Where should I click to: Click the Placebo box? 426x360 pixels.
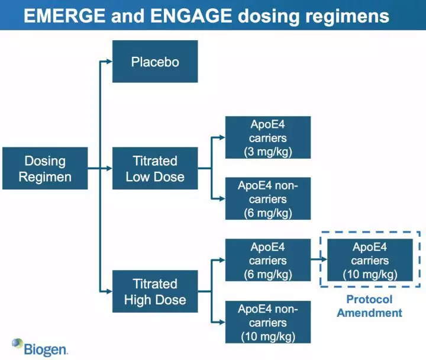(x=155, y=61)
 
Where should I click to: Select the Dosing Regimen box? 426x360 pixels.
(x=45, y=168)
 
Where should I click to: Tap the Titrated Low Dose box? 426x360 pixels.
(x=155, y=168)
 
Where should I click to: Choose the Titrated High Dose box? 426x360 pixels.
(x=155, y=291)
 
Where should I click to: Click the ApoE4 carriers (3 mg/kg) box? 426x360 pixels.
(x=268, y=137)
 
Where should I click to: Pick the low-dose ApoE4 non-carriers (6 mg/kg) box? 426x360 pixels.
(x=268, y=199)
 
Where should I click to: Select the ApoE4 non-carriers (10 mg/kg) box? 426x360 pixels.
(x=268, y=322)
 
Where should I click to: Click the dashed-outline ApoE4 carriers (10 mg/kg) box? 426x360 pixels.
(x=370, y=260)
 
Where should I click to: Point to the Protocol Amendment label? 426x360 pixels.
(x=369, y=306)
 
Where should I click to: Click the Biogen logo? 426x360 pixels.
(x=40, y=347)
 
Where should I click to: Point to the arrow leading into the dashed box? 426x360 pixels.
(x=319, y=260)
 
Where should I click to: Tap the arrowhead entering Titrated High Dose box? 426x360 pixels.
(x=108, y=291)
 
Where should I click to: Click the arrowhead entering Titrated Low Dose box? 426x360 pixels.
(x=108, y=168)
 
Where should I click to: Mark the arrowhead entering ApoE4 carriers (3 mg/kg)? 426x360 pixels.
(x=221, y=137)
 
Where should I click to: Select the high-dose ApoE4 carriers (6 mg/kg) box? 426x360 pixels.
(x=268, y=260)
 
